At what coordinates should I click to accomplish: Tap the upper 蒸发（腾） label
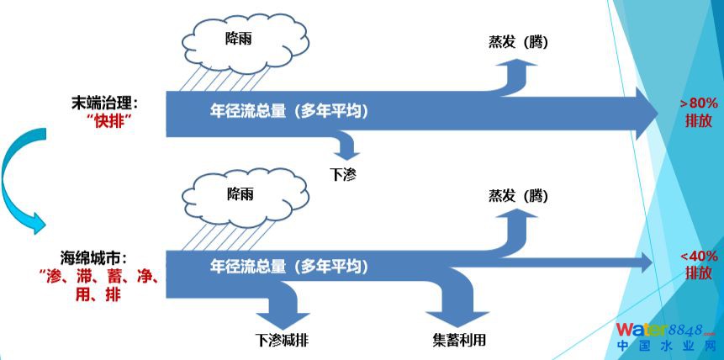tap(518, 40)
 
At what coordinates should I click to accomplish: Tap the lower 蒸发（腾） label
tap(518, 196)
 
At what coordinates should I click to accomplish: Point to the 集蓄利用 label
tap(458, 341)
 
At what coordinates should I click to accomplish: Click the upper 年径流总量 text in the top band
tap(289, 111)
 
